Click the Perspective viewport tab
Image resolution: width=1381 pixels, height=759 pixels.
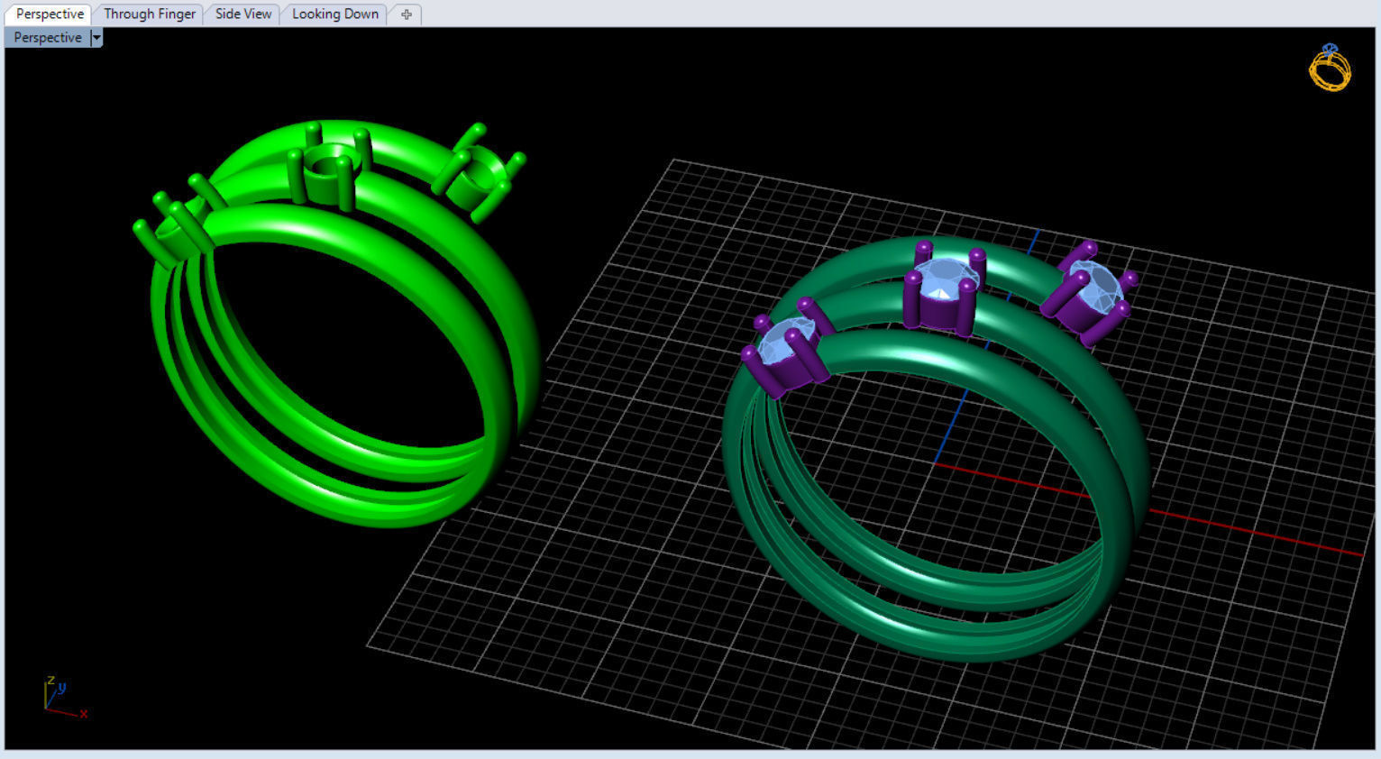pyautogui.click(x=50, y=14)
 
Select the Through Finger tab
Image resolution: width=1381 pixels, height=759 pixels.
pyautogui.click(x=149, y=14)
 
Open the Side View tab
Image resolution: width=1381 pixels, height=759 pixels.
pyautogui.click(x=242, y=14)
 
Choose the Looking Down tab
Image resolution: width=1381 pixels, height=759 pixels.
pyautogui.click(x=334, y=14)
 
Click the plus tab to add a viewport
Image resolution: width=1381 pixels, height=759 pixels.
pyautogui.click(x=407, y=14)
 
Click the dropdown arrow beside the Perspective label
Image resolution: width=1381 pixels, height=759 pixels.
pyautogui.click(x=96, y=38)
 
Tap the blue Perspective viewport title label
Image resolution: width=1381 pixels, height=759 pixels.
pyautogui.click(x=48, y=38)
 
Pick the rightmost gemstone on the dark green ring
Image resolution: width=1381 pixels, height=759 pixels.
pyautogui.click(x=1092, y=286)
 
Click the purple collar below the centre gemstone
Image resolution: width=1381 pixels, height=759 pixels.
pyautogui.click(x=937, y=313)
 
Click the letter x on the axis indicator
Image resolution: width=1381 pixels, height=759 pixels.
pyautogui.click(x=83, y=713)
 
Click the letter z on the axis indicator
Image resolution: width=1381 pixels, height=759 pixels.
pyautogui.click(x=51, y=681)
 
